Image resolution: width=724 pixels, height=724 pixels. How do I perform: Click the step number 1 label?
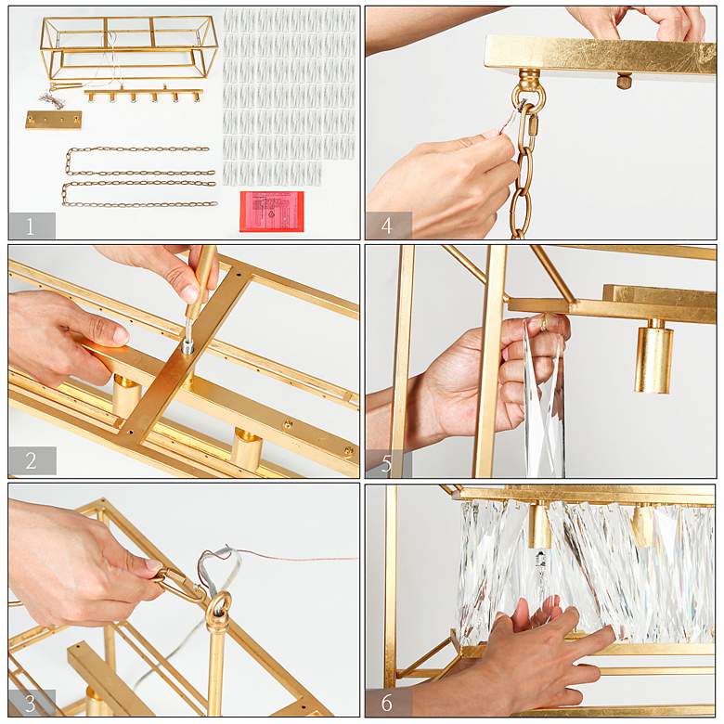point(30,226)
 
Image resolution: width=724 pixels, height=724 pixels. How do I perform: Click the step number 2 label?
point(31,460)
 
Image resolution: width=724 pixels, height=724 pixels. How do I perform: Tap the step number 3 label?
point(31,704)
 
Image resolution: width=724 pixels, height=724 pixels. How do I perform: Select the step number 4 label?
point(387,226)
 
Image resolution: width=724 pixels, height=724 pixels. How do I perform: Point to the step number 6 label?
point(387,703)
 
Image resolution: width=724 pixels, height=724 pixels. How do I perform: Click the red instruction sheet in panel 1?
point(271,212)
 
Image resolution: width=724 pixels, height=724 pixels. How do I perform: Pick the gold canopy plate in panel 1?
point(54,120)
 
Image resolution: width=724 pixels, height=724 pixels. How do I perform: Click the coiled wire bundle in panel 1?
point(48,98)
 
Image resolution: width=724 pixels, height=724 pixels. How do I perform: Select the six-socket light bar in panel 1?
point(143,95)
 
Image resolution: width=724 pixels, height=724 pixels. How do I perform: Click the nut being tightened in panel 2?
point(187,346)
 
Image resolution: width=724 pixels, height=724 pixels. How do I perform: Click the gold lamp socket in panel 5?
point(653,357)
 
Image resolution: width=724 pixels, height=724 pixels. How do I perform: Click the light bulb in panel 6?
point(540,573)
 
